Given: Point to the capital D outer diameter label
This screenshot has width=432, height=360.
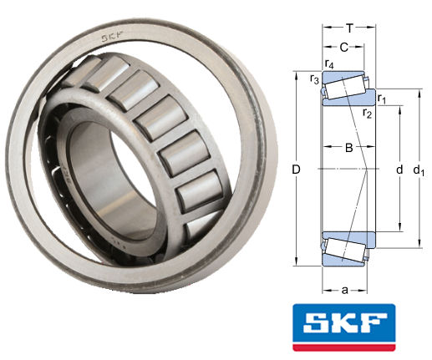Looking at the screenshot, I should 296,170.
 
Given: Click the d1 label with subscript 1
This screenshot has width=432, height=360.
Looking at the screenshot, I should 422,171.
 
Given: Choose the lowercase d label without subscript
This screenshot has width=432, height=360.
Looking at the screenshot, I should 399,170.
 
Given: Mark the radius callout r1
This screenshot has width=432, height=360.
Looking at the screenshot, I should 381,99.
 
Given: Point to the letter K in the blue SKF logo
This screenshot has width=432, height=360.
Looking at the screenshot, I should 343,322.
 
